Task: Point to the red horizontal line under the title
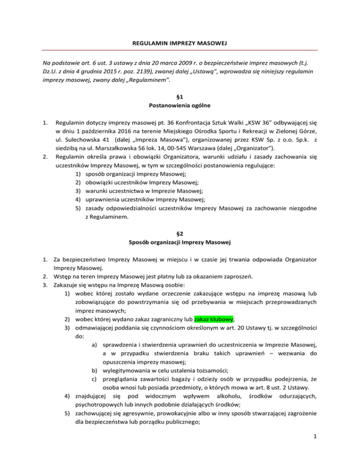180,50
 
